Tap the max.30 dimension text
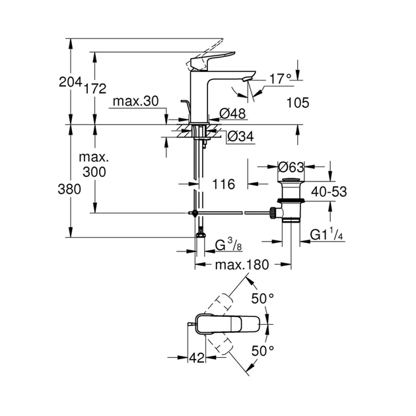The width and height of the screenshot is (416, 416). (135, 101)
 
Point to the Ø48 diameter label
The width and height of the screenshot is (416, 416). (232, 114)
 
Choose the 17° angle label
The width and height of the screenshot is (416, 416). (279, 79)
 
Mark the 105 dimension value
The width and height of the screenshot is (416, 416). (298, 102)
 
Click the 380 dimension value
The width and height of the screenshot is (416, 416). (70, 189)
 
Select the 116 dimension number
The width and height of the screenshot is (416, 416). (224, 185)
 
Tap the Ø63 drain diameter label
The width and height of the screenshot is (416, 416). (291, 167)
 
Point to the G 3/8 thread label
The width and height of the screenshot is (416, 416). (226, 247)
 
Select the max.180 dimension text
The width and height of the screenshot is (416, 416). (241, 265)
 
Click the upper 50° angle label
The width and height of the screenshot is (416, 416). (261, 299)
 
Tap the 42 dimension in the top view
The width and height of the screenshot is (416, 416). (196, 357)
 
